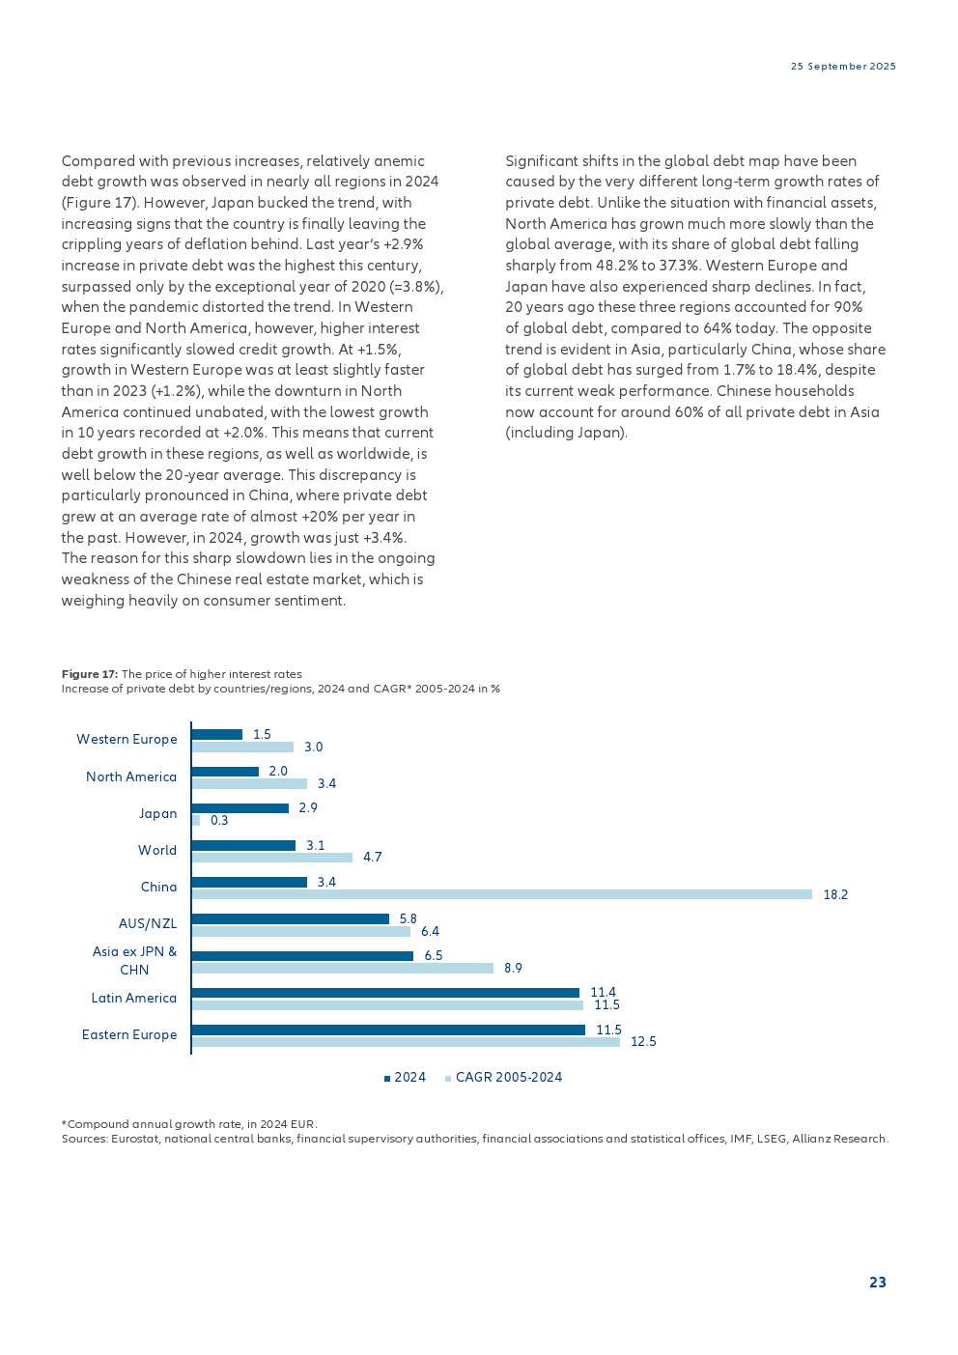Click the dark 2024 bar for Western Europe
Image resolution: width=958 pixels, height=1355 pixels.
[217, 735]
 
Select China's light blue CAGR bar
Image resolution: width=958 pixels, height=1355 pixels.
[502, 895]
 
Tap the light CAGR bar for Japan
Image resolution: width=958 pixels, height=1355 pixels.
[196, 821]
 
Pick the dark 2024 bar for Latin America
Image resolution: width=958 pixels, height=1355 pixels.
[386, 993]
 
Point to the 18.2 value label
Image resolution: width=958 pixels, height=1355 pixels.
[835, 895]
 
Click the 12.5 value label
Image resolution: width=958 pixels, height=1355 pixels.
[643, 1042]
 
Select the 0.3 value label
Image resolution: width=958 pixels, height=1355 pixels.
[219, 821]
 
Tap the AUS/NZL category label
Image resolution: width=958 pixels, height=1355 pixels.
[148, 924]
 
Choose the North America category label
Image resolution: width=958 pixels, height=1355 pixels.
[131, 777]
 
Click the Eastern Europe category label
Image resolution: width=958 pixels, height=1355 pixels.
[129, 1035]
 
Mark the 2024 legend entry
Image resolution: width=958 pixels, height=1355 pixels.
[405, 1078]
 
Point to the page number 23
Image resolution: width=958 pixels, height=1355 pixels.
[877, 1283]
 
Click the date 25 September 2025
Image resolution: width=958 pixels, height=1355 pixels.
[843, 67]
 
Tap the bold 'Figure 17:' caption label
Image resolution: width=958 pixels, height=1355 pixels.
[90, 674]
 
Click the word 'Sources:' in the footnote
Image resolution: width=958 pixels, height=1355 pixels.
[84, 1139]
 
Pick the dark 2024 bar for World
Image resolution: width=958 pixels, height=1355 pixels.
[243, 846]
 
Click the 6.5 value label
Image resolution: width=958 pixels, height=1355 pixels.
[434, 956]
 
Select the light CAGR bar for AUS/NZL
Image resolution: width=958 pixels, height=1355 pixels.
[301, 932]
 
